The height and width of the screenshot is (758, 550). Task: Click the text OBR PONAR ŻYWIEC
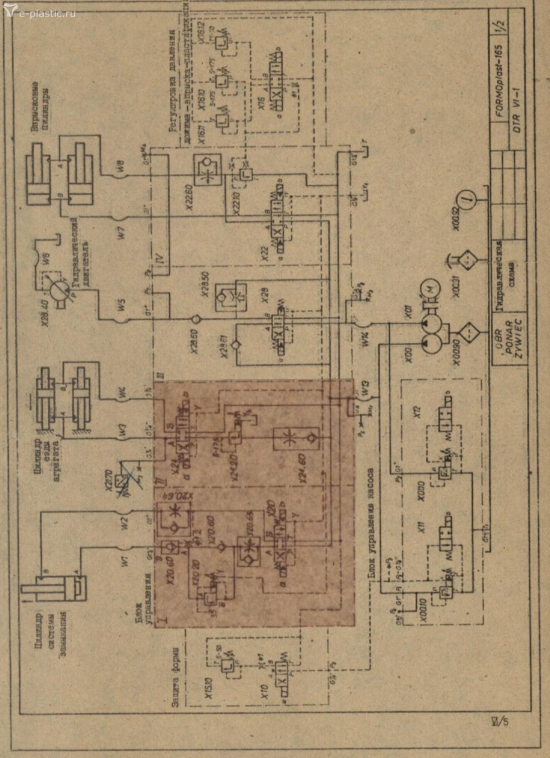510,336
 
